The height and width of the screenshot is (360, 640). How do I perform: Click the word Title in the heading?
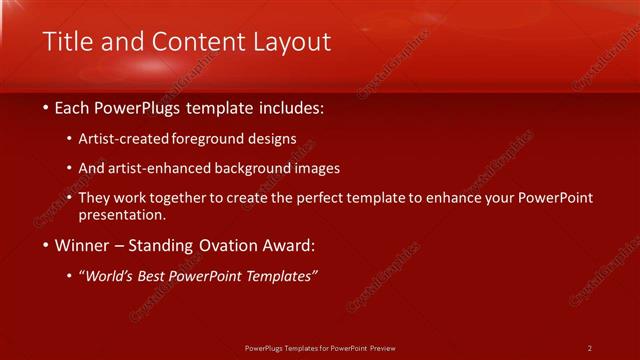coord(70,41)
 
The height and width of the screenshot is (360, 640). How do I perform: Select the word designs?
coord(273,139)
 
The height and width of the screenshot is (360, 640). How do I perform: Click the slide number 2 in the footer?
coord(589,348)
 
